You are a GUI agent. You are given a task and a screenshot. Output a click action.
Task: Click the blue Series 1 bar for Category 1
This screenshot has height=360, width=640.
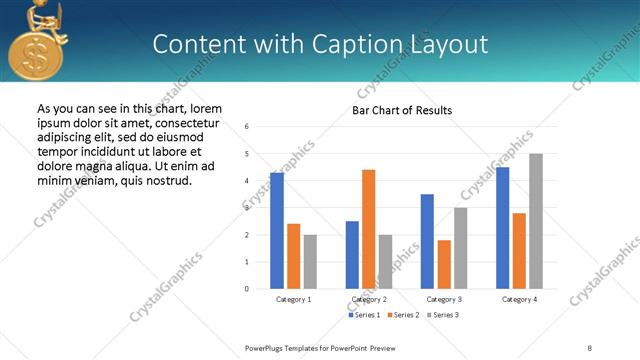coord(277,230)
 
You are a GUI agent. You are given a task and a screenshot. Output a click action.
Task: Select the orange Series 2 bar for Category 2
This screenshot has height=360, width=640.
coord(368,229)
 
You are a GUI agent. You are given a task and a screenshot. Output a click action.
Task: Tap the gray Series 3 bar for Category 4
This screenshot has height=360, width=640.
coord(536,221)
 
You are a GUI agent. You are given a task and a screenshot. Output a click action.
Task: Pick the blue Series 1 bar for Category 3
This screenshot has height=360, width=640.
coord(427,241)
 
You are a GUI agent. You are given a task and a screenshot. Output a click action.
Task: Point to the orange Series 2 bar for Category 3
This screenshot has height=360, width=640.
coord(444,264)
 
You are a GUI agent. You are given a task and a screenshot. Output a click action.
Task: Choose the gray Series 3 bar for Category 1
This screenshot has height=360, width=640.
coord(310,261)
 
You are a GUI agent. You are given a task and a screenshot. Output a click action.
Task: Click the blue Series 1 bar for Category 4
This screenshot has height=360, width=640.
coord(502,227)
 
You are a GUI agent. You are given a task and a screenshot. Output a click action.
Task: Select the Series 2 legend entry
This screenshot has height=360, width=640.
coord(403,315)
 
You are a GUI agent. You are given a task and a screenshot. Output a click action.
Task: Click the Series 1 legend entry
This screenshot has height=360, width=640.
coord(364,315)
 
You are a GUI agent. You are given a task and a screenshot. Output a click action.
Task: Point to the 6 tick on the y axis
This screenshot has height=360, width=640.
coord(247,127)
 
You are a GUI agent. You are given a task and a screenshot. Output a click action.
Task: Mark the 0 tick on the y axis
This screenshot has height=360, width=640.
coord(247,289)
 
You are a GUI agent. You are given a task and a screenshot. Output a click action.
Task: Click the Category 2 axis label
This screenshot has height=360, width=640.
coord(370,299)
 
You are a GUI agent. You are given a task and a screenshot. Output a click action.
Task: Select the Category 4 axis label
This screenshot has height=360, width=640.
coord(519,299)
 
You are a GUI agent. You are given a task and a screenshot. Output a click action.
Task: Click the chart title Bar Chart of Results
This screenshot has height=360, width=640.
coord(402,110)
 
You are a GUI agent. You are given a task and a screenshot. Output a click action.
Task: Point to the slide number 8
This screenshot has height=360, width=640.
coord(589,347)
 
